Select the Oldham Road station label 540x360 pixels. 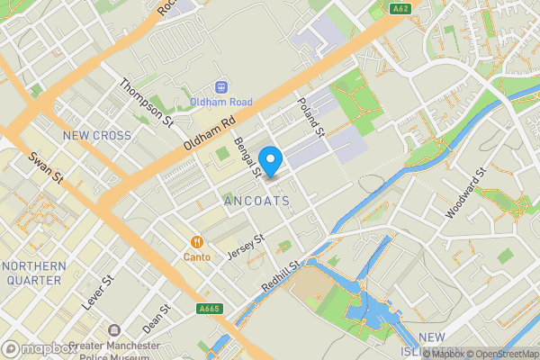coord(220,103)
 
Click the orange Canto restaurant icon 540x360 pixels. coord(196,241)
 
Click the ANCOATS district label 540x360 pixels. coord(257,201)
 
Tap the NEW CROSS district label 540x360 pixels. coord(96,136)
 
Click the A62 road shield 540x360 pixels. coord(401,9)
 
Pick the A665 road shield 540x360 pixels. coord(209,310)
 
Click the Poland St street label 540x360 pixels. coord(310,116)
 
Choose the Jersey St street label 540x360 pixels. coord(246,247)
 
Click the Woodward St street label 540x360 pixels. coord(465,193)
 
